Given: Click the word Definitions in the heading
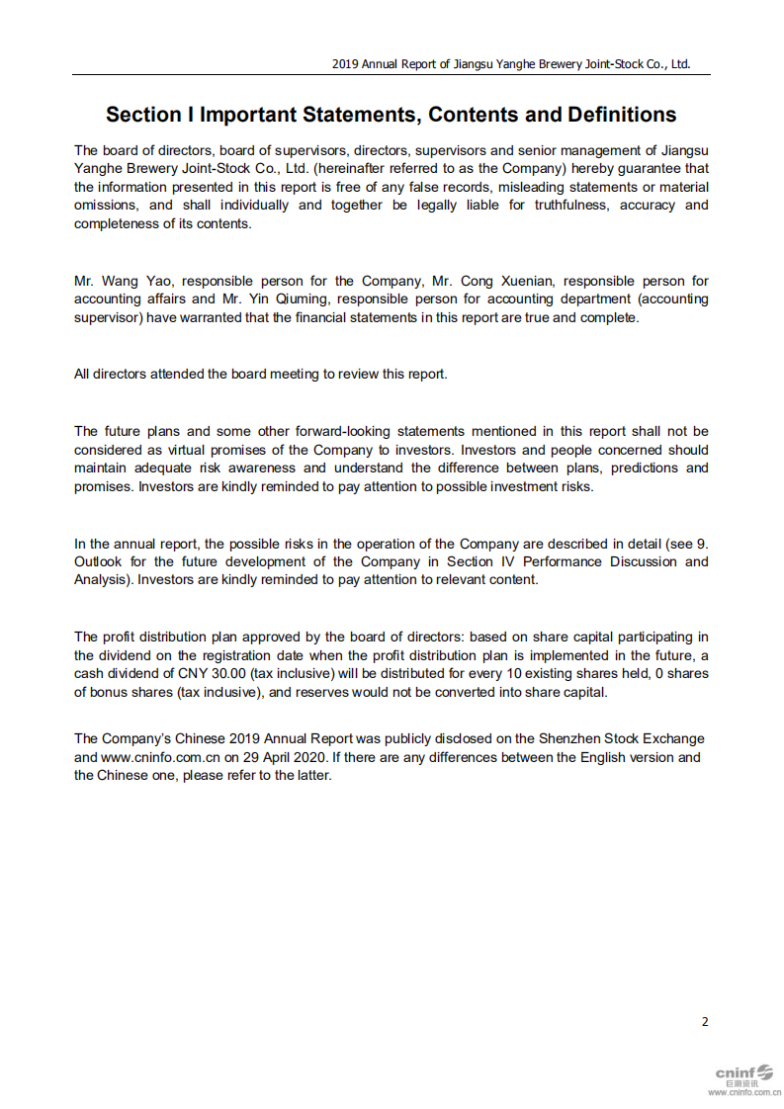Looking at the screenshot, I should pos(621,115).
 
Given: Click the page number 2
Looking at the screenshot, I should pos(705,1021).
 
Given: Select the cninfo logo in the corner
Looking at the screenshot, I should pos(743,1075).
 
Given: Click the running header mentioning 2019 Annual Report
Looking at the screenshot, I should pos(510,64).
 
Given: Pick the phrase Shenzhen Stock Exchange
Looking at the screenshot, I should pos(622,738).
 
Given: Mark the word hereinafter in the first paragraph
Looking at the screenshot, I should pos(357,168).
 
